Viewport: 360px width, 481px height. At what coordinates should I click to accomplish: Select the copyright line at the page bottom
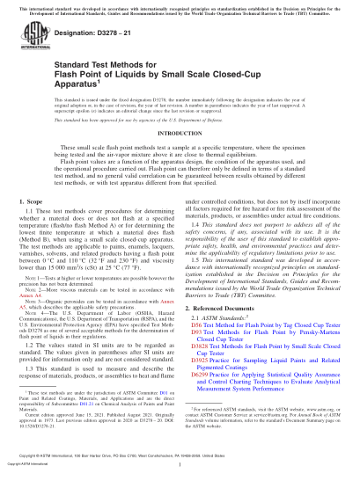click(x=180, y=470)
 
